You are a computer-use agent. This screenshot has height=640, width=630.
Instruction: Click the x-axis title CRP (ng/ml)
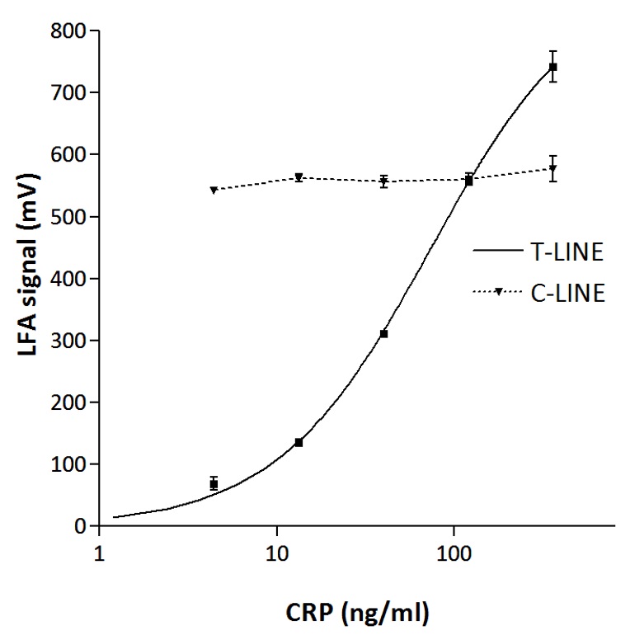pyautogui.click(x=357, y=612)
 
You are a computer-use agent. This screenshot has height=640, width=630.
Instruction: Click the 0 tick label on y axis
pyautogui.click(x=81, y=526)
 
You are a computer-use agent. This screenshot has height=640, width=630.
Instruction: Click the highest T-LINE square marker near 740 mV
pyautogui.click(x=553, y=67)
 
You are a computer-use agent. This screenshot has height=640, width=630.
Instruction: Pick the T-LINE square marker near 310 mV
pyautogui.click(x=384, y=333)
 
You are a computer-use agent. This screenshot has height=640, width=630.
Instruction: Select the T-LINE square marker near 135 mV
pyautogui.click(x=299, y=443)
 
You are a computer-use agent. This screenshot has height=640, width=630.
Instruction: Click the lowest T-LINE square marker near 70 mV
pyautogui.click(x=214, y=484)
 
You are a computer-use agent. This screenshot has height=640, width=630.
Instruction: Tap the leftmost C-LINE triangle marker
pyautogui.click(x=214, y=191)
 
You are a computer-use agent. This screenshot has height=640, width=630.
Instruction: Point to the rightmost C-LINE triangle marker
pyautogui.click(x=553, y=169)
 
